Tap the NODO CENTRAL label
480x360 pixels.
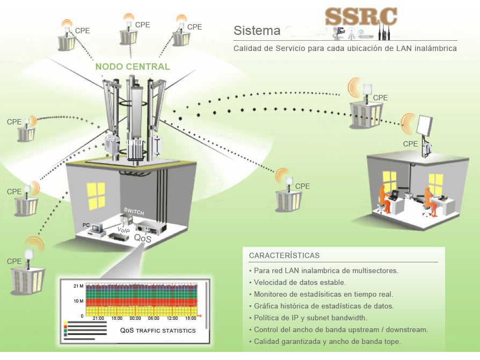tap(133, 67)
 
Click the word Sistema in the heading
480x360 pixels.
tap(257, 31)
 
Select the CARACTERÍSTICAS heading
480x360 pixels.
tap(284, 255)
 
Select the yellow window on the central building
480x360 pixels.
tap(96, 195)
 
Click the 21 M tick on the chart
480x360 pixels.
tap(77, 287)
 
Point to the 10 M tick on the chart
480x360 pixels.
tap(77, 302)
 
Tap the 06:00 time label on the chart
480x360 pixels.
tap(154, 318)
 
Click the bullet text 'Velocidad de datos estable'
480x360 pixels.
tap(300, 282)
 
